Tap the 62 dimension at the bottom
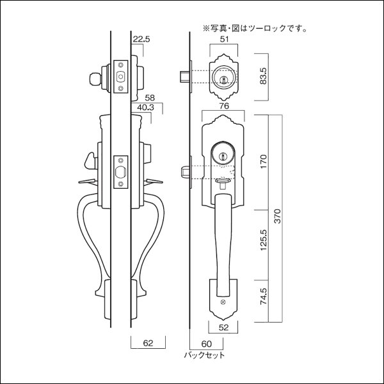pos(148,344)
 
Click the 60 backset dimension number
pos(205,344)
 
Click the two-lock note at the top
pos(255,28)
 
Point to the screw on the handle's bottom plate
pos(223,301)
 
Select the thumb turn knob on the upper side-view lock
pos(94,79)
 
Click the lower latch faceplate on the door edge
pos(119,173)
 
